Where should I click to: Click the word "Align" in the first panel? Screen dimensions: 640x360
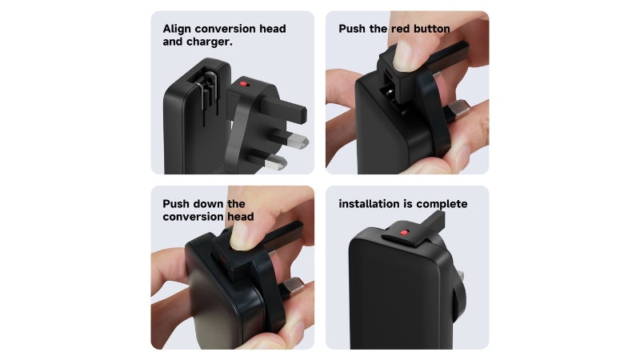(177, 29)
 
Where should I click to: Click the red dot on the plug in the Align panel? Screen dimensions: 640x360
(243, 84)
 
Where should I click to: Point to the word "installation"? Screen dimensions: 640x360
(368, 204)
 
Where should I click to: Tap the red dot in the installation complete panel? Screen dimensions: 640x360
(404, 233)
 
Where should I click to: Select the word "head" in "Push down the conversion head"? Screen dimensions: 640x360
(241, 216)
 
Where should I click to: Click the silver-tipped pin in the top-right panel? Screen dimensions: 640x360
(456, 110)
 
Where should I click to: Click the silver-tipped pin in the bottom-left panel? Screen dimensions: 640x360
(291, 288)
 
